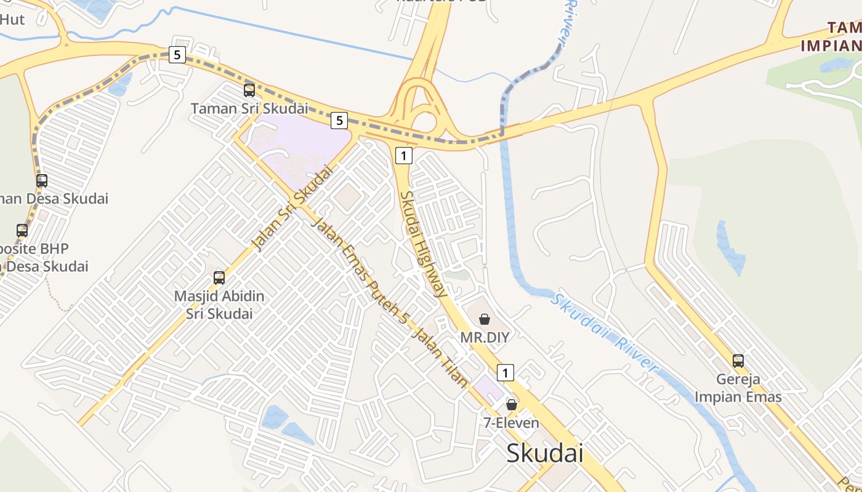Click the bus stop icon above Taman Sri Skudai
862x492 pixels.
click(249, 90)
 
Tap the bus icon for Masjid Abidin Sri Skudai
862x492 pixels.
click(219, 278)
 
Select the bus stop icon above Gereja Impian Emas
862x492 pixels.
click(738, 361)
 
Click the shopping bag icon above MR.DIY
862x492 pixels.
click(485, 319)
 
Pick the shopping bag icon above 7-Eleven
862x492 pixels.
click(511, 404)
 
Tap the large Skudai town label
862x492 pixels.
click(544, 453)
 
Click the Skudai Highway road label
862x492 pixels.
click(423, 244)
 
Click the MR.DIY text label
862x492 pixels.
click(485, 338)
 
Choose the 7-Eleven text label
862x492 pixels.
click(511, 423)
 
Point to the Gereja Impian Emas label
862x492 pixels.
click(738, 388)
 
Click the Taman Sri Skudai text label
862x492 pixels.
click(249, 109)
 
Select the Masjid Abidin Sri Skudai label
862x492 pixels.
click(219, 304)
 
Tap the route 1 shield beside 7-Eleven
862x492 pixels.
click(506, 372)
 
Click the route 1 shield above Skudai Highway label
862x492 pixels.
click(403, 156)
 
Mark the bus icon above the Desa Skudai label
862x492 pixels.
click(42, 181)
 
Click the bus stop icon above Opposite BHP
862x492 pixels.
click(22, 231)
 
